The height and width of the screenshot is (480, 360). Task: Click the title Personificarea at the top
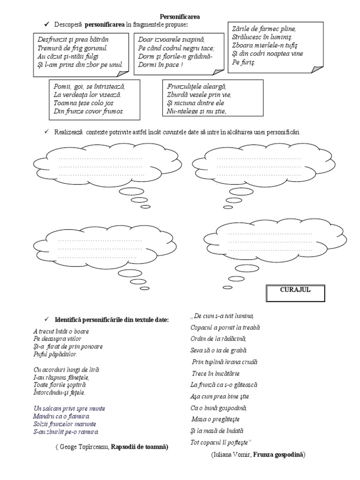coord(180,16)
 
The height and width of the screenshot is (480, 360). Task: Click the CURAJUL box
coord(295,290)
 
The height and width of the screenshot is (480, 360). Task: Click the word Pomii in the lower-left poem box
coord(62,87)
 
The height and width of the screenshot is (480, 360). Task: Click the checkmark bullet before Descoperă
coord(46,24)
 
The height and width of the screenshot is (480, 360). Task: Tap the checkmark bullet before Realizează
coord(46,132)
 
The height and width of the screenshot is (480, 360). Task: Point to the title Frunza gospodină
coord(279,454)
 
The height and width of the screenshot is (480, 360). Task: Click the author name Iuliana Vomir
coord(225,454)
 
